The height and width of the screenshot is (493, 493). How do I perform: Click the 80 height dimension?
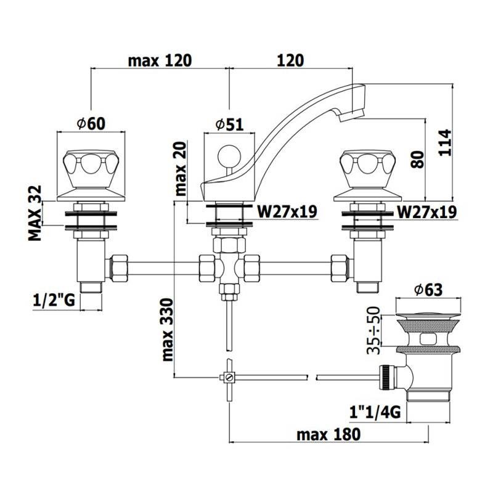tap(417, 161)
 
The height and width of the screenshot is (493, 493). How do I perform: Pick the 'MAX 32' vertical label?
tap(37, 213)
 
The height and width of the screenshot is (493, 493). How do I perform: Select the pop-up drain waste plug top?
tap(428, 309)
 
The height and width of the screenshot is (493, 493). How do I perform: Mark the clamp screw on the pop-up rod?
tap(227, 377)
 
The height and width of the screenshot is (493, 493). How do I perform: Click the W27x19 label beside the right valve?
tap(426, 212)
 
